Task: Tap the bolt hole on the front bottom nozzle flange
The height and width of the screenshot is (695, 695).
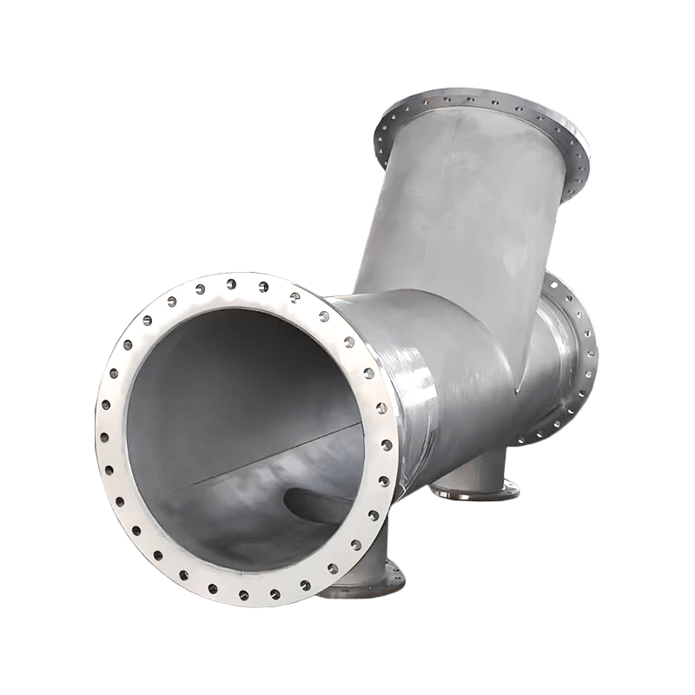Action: click(x=394, y=573)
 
